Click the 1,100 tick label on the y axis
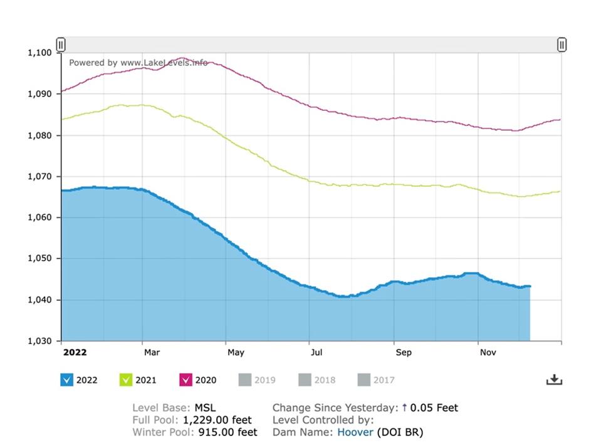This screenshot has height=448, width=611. (x=39, y=53)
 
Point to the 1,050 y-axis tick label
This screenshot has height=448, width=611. (x=39, y=259)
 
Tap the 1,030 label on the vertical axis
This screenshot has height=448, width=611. (x=39, y=341)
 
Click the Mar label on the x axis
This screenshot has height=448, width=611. (x=152, y=352)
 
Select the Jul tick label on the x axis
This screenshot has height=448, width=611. (x=317, y=352)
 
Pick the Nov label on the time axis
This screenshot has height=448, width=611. (x=488, y=352)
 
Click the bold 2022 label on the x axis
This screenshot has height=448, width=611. (x=75, y=352)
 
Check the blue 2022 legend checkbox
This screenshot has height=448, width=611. (x=67, y=380)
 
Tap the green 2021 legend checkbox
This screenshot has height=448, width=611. (x=126, y=380)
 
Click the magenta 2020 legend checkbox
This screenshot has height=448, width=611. (x=185, y=380)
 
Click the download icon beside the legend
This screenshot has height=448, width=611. (x=554, y=380)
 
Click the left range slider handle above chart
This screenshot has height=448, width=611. (x=61, y=44)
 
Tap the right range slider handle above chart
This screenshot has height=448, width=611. (x=562, y=44)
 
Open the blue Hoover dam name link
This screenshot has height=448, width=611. (x=355, y=432)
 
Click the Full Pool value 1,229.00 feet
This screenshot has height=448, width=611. (x=217, y=420)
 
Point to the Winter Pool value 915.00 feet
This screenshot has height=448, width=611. (x=227, y=432)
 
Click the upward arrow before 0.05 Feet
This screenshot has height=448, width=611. (x=405, y=408)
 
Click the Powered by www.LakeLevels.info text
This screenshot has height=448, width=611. (x=138, y=63)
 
